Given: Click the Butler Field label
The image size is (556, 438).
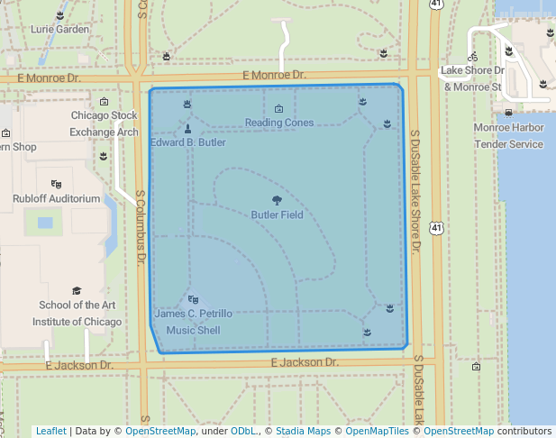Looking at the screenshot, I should pos(277,215).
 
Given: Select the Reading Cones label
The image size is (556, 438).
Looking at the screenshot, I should pos(279,123).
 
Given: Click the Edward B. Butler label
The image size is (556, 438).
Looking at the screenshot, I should pos(187,142).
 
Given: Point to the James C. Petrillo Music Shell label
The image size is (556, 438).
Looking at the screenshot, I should pos(193,322).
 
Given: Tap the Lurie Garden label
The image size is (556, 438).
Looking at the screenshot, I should pos(60,29).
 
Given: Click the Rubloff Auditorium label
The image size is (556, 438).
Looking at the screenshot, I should pos(56,198).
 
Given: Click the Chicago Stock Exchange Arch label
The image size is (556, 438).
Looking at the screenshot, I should pos(105,123).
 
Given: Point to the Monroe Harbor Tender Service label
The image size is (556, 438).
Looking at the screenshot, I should pos(509,136).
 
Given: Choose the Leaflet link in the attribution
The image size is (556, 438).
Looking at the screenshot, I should pos(50,431).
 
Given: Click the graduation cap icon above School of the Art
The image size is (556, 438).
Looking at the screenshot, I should pos(77,291).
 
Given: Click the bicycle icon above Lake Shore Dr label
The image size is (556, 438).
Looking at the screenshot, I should pos(473,56).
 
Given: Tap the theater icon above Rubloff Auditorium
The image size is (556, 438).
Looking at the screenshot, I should pos(56,184).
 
